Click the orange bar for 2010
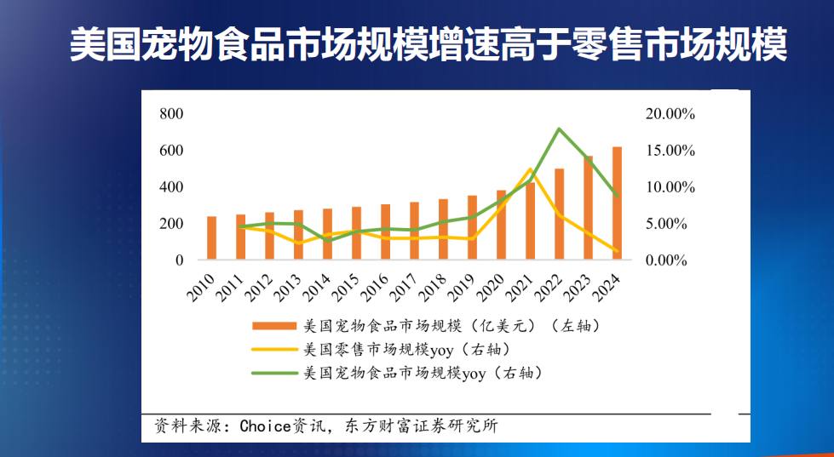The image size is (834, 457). (211, 237)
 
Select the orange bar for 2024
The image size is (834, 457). (617, 203)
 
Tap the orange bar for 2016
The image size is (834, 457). (385, 231)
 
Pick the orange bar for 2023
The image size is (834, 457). (588, 208)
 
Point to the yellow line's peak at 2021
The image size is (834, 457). (530, 169)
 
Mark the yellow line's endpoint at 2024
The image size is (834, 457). (617, 250)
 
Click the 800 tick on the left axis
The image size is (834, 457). (171, 114)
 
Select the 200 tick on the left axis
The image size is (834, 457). (171, 224)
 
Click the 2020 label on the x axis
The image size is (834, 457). (492, 287)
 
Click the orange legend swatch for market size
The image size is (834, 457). (274, 326)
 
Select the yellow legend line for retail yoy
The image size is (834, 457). (274, 350)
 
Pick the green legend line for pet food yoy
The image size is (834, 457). (274, 373)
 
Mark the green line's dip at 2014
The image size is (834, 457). (327, 241)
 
